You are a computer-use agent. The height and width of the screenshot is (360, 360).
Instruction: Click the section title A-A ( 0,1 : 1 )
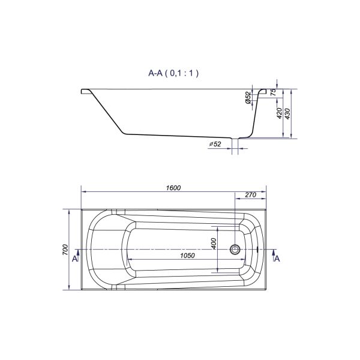[173, 73]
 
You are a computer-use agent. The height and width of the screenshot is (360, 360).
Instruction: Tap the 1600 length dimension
[173, 188]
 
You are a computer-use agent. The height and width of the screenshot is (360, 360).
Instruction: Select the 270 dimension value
[250, 194]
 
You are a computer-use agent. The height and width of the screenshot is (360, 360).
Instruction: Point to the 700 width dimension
[65, 250]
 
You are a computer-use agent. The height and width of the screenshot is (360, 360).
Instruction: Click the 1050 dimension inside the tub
[187, 256]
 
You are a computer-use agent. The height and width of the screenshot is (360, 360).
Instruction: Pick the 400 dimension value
[214, 244]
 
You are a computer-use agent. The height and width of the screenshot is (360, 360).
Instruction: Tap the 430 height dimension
[287, 113]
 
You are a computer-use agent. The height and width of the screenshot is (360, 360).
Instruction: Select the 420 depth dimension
[279, 113]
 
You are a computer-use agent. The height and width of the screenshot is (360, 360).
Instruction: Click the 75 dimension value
[273, 92]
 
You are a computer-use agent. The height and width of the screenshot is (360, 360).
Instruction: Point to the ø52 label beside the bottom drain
[215, 144]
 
